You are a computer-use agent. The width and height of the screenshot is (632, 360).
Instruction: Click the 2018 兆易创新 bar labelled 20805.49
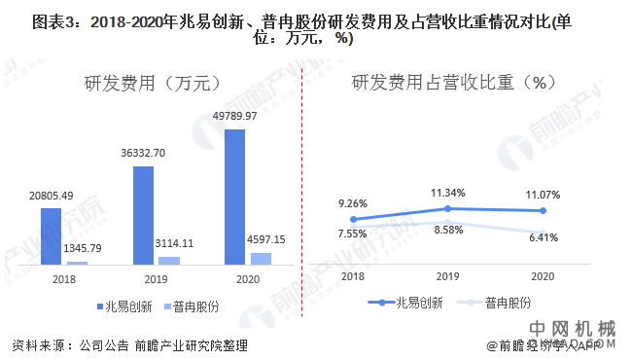tap(51, 236)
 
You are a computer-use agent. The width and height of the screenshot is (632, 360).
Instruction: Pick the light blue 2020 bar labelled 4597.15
tap(261, 259)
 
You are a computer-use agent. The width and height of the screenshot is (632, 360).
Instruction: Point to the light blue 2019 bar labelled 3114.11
tap(169, 261)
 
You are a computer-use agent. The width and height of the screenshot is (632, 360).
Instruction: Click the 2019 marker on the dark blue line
tap(447, 208)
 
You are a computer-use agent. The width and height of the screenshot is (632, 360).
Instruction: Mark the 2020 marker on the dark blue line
tap(544, 210)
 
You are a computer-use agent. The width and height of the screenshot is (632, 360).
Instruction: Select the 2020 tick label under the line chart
tap(544, 277)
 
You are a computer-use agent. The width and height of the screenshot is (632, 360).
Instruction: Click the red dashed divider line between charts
tap(303, 195)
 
